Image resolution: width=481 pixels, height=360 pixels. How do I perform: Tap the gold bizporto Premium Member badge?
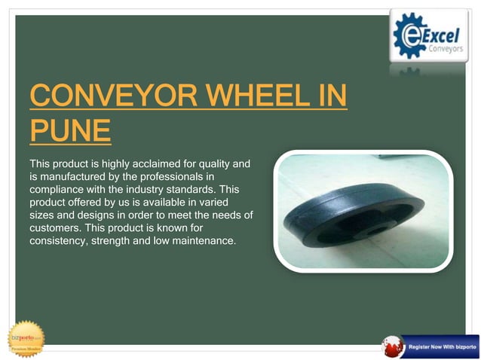(26, 338)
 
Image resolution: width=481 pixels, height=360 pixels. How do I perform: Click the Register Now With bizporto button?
(440, 345)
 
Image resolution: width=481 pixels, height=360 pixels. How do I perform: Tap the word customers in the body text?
(54, 227)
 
